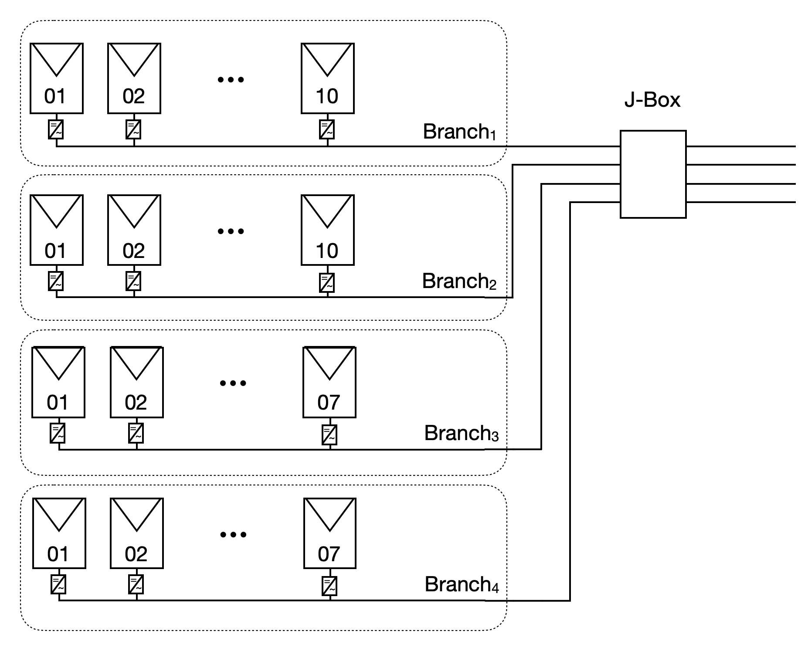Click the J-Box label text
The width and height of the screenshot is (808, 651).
coord(652,100)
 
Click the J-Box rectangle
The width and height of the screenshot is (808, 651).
coord(653,174)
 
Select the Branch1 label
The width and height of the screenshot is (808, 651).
coord(459,132)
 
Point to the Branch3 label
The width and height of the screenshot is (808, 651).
coord(461,433)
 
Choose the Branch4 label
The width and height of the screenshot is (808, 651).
coord(461,585)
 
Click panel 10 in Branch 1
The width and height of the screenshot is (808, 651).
coord(327,78)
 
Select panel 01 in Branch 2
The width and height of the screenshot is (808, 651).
coord(56,230)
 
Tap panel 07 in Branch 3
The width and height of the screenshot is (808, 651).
coord(329,382)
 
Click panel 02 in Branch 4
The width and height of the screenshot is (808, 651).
coord(136,533)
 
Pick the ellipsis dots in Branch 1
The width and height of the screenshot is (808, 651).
coord(231,79)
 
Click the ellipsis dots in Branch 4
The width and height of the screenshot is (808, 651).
coord(233,535)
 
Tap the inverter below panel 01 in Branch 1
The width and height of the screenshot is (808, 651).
coord(55,130)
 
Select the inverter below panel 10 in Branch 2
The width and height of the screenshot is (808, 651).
coord(327,282)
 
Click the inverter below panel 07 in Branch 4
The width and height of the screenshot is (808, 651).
coord(329,586)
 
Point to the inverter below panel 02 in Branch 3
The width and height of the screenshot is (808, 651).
coord(136,434)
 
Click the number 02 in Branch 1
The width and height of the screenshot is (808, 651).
coord(133,96)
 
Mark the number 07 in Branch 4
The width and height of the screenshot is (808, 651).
coord(329,554)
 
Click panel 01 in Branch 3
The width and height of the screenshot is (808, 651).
coord(58,382)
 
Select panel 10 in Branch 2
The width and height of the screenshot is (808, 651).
coord(327,230)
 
